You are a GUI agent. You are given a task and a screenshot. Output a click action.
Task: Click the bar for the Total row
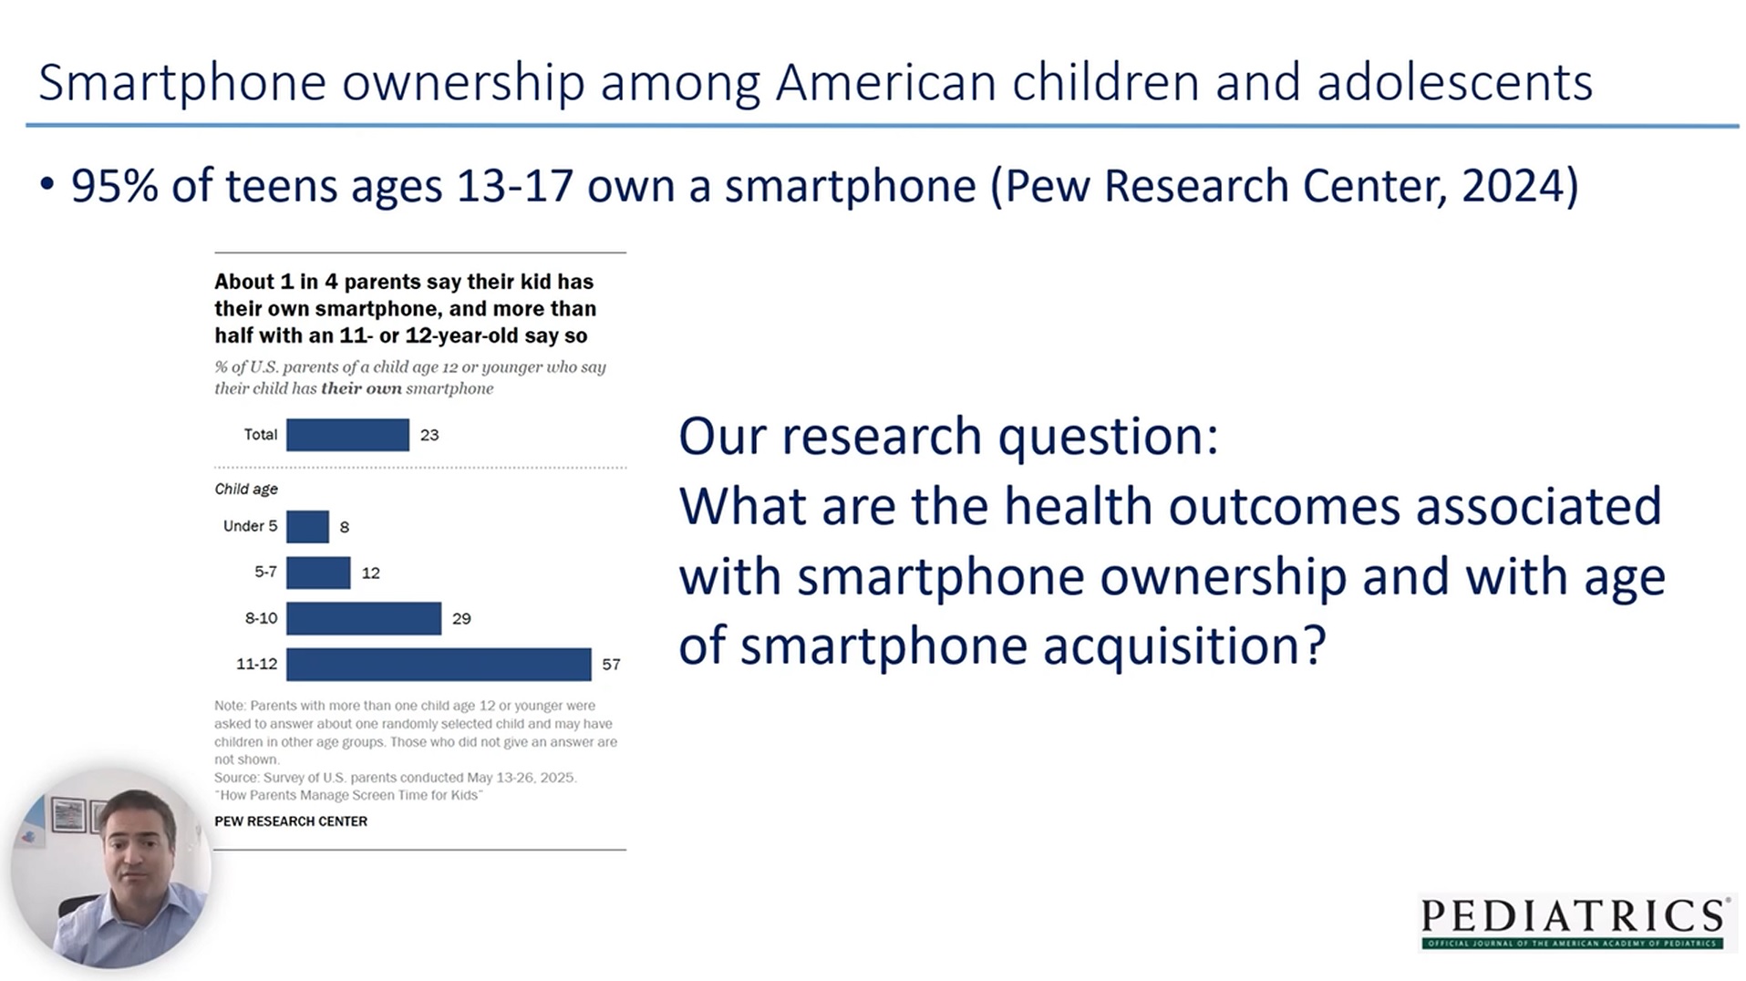tap(347, 435)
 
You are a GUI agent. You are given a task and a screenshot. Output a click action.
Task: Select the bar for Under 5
tap(307, 527)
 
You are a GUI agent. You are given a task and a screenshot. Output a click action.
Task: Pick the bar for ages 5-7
tap(318, 573)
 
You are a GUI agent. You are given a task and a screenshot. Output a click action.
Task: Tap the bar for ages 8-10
tap(364, 618)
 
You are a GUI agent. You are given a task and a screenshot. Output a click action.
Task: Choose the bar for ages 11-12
tap(439, 665)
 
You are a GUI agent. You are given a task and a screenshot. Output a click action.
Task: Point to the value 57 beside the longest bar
tap(611, 665)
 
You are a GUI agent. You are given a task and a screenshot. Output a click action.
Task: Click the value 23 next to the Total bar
tap(429, 436)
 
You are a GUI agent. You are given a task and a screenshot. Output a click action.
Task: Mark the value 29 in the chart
tap(461, 619)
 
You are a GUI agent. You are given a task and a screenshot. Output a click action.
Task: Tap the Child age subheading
tap(246, 490)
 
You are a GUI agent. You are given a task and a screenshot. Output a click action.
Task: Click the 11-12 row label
tap(256, 665)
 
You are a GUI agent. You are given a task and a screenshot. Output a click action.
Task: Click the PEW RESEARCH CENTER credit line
tap(291, 821)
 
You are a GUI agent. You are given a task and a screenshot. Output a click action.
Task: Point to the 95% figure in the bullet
tap(114, 186)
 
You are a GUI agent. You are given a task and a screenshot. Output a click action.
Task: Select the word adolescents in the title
tap(1454, 82)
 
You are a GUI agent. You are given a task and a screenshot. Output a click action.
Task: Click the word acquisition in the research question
tap(1183, 646)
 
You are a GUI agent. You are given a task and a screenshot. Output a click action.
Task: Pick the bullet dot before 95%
tap(47, 185)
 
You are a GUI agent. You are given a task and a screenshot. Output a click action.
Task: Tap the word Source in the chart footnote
tap(235, 778)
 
